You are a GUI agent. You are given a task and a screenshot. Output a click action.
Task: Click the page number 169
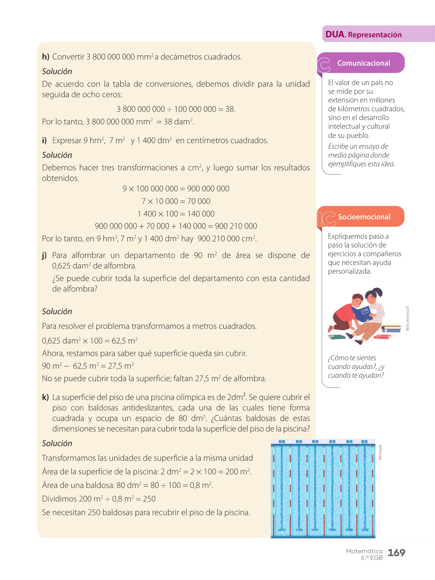click(396, 553)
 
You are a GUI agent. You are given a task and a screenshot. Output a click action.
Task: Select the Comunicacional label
click(363, 63)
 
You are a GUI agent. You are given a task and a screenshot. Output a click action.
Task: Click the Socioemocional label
click(364, 217)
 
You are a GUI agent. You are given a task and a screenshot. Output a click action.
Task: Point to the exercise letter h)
click(46, 57)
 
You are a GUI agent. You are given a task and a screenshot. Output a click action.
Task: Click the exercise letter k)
click(45, 397)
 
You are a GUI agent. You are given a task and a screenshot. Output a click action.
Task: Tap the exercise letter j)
click(44, 255)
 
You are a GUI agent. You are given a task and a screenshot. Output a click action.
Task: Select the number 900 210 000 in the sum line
click(236, 226)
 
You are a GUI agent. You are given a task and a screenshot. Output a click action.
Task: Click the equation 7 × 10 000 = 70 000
click(176, 201)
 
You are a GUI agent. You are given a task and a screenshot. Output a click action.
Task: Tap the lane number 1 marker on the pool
click(282, 442)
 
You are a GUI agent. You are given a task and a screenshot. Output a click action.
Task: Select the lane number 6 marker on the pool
click(364, 442)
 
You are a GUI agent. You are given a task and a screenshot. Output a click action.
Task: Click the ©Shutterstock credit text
click(408, 319)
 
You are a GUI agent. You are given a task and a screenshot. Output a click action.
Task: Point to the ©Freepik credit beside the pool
click(380, 452)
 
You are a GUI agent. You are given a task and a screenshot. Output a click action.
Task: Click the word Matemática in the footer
click(364, 551)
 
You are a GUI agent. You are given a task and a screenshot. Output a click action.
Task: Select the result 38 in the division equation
click(230, 109)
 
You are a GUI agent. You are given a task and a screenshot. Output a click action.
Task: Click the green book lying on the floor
click(337, 337)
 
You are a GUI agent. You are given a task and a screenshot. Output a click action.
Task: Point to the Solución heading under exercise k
click(57, 443)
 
